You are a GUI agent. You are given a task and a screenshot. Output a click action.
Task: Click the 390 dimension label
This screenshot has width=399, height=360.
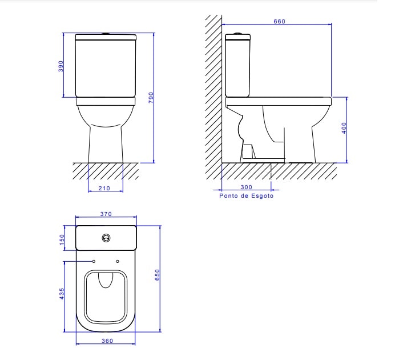[61, 66]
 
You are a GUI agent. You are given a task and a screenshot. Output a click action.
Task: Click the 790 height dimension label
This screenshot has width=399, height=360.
[151, 98]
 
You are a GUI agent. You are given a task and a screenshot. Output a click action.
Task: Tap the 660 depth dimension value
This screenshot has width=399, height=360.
[279, 22]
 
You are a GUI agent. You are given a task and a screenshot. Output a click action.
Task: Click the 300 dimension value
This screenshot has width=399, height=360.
[246, 187]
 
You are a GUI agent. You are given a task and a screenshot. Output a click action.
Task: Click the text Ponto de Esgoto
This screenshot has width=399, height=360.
[247, 195]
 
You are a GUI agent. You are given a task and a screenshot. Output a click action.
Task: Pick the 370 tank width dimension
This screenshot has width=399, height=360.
[106, 214]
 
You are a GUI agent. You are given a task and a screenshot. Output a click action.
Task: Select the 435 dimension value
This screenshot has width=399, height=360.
[62, 294]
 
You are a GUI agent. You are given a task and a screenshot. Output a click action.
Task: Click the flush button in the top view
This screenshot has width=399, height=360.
[106, 237]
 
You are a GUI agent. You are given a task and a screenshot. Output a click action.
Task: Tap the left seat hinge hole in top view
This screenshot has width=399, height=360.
[94, 262]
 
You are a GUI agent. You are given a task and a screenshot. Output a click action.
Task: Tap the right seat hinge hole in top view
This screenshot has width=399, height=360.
[118, 262]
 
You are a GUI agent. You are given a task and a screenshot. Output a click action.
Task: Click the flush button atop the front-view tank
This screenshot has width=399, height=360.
[106, 34]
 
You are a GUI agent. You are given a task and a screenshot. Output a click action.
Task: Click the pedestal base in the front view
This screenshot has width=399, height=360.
[106, 146]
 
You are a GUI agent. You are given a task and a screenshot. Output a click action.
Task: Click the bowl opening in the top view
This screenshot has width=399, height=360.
[106, 297]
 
